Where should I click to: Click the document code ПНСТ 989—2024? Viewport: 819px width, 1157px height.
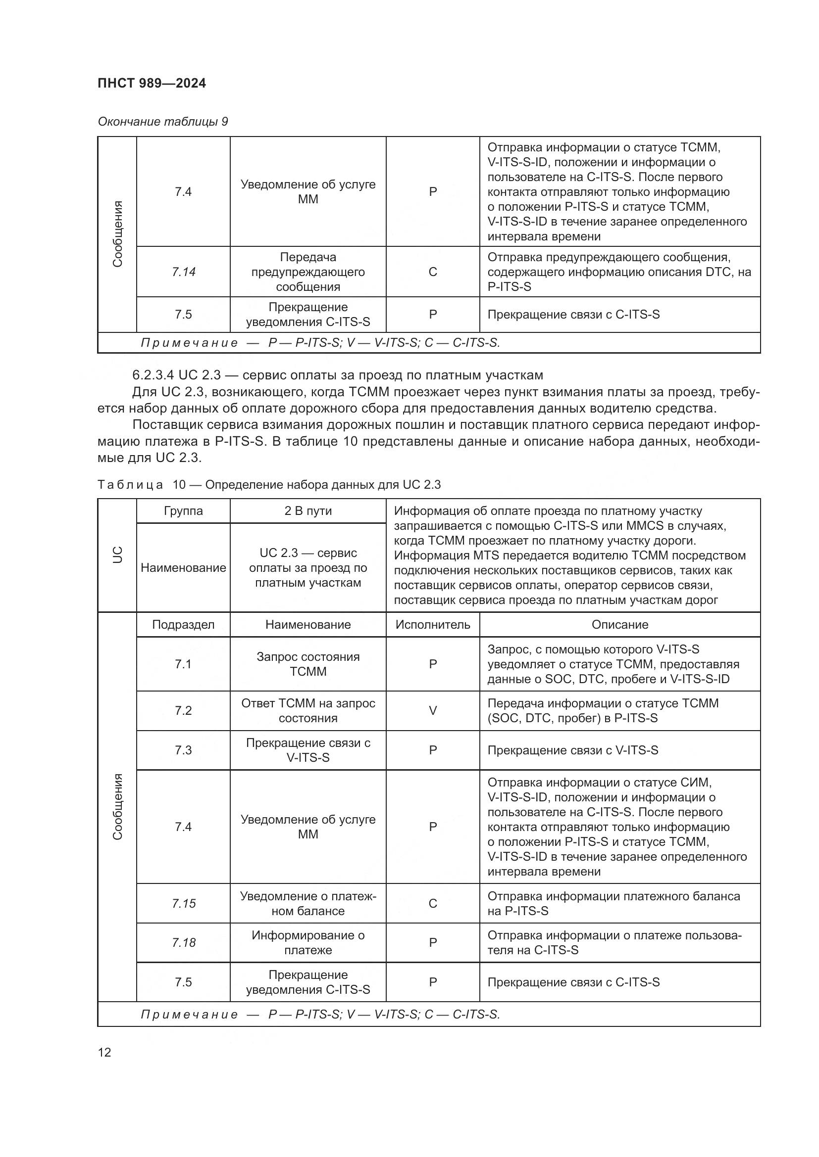pos(152,83)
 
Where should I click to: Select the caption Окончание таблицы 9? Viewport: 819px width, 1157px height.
pos(163,122)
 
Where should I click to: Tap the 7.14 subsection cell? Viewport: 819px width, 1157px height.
pos(183,272)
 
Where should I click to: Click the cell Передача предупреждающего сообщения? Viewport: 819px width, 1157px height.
pos(307,272)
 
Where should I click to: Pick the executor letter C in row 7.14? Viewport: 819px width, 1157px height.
pos(433,272)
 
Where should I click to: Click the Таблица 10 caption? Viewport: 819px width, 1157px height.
pos(269,485)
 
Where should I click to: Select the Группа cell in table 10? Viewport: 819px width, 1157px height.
pos(183,511)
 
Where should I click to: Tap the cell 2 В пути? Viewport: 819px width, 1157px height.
pos(307,511)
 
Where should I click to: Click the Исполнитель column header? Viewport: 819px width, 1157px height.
pos(433,625)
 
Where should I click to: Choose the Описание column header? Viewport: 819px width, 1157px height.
pos(620,625)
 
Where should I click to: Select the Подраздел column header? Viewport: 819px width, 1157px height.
pos(183,625)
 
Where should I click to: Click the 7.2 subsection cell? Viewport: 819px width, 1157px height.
pos(183,710)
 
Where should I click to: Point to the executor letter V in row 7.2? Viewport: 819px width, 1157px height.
pos(433,710)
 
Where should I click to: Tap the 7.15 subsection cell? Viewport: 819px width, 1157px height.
pos(183,904)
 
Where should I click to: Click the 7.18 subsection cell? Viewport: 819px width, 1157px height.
pos(183,943)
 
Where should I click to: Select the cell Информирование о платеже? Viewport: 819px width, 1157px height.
pos(307,943)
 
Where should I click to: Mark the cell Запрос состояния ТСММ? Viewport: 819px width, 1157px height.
pos(307,664)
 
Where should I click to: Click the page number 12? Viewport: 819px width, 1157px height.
pos(104,1052)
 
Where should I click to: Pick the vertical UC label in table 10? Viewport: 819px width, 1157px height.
pos(117,555)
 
